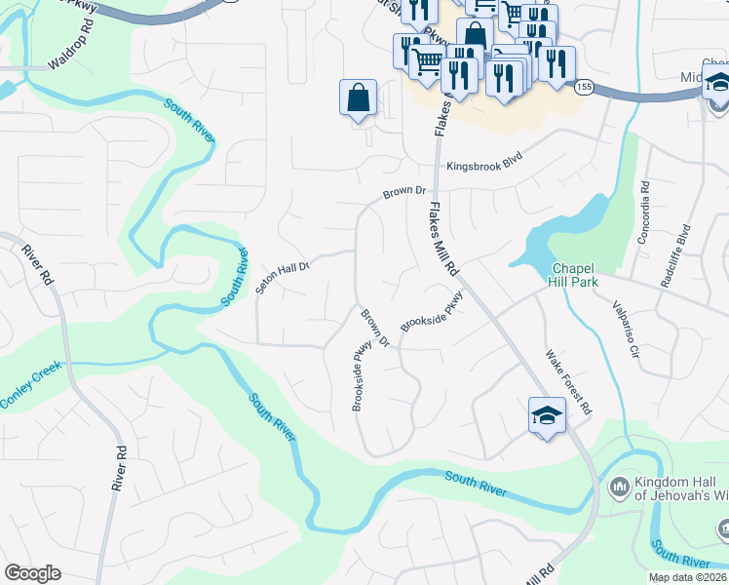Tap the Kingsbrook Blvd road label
484,166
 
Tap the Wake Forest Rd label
569,382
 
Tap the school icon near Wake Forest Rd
547,416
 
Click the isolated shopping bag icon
358,97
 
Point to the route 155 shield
583,87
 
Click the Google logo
32,573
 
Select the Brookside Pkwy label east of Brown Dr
430,315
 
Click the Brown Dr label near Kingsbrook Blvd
405,192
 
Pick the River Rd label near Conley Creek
121,468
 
